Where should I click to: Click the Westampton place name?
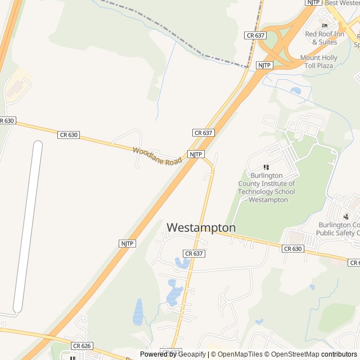201,227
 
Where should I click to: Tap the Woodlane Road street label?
157,156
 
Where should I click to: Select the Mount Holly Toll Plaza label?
324,61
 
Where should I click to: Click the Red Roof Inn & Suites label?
325,38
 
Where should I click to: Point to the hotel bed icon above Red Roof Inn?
325,25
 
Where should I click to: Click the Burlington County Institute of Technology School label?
267,187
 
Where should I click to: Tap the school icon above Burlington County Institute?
267,167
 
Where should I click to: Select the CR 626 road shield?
82,345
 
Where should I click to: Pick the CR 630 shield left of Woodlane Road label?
69,135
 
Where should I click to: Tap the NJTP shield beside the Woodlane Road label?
195,154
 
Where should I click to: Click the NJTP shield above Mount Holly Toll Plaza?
264,65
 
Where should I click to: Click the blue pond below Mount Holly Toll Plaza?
295,91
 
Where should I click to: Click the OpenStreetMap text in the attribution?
293,354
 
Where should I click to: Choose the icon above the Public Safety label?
346,216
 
